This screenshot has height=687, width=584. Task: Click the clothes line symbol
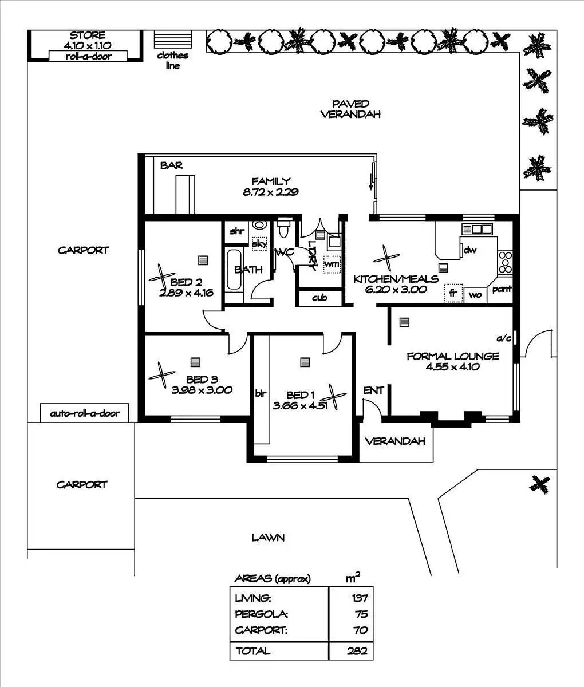[x=173, y=40]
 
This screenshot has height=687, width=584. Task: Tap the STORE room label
[x=88, y=35]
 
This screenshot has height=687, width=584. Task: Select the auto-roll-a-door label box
[x=84, y=413]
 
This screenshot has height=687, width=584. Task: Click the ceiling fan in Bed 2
[x=162, y=276]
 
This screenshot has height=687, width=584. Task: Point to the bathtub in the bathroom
[x=234, y=269]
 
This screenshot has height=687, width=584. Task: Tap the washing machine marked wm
[x=332, y=264]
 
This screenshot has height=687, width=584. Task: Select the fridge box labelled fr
[x=453, y=293]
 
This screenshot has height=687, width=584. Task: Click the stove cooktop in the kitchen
[x=505, y=262]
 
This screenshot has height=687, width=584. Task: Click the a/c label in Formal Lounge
[x=504, y=338]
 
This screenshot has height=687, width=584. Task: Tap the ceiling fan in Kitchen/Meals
[x=386, y=258]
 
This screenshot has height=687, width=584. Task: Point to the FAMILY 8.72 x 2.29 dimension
[x=271, y=192]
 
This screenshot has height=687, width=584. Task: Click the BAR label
[x=172, y=165]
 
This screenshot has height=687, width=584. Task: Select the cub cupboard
[x=319, y=298]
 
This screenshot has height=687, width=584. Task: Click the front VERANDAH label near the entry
[x=395, y=441]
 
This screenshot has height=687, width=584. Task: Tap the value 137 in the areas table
[x=360, y=598]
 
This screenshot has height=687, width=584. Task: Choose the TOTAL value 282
[x=357, y=650]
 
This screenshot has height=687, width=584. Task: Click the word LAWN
[x=268, y=538]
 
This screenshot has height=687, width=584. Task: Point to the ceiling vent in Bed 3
[x=195, y=362]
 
